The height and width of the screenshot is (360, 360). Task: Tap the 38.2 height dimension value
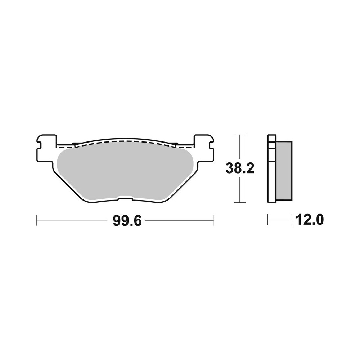(x=240, y=168)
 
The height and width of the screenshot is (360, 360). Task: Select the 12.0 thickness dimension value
(x=309, y=219)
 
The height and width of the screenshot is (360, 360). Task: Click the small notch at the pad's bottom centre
(x=125, y=197)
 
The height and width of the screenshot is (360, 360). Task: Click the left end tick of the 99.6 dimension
(x=37, y=220)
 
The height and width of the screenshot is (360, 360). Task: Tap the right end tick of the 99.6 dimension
(x=213, y=220)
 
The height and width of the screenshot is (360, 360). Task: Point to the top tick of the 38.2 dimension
(x=240, y=135)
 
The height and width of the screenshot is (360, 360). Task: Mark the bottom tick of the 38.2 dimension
(x=240, y=202)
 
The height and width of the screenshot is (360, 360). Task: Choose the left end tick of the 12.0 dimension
(x=268, y=220)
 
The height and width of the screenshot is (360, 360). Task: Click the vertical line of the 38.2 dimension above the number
(x=240, y=148)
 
